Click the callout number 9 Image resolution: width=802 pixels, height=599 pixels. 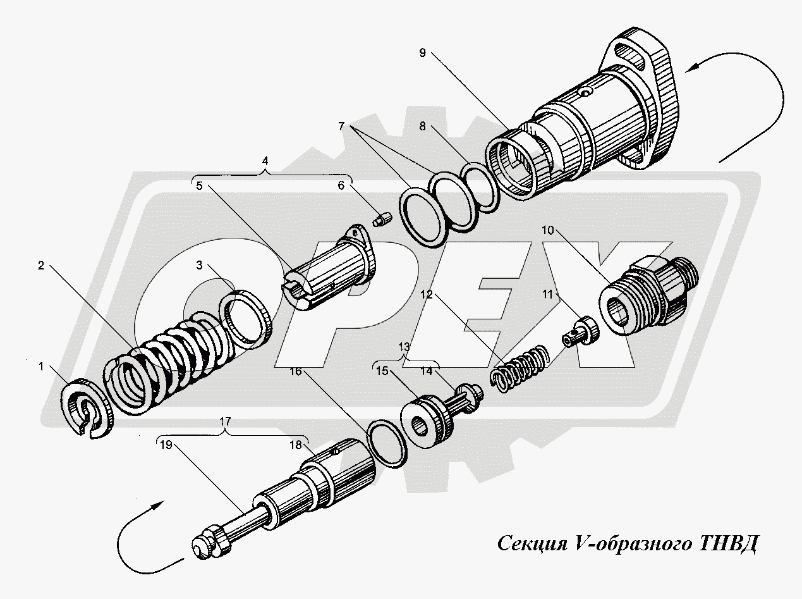[x=422, y=52]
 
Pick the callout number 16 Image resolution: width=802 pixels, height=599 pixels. [x=296, y=372]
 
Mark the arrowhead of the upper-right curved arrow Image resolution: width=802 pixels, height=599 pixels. [x=691, y=66]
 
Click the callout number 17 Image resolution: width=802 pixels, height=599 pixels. [x=226, y=420]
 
